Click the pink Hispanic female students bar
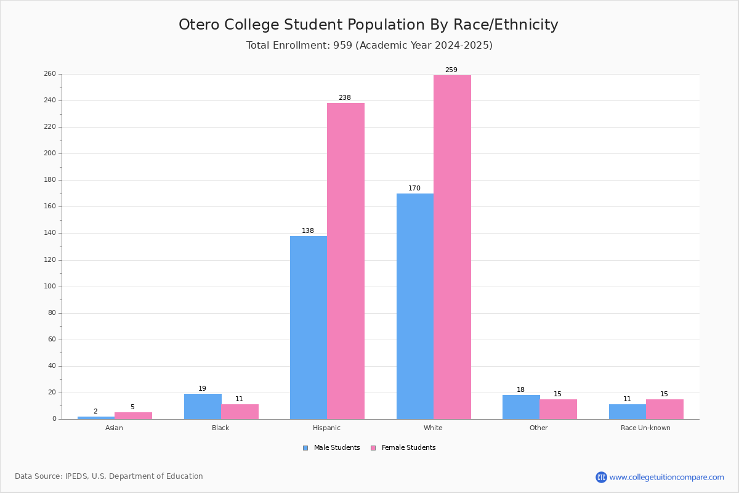click(x=345, y=261)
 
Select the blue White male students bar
click(x=414, y=306)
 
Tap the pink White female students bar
click(x=452, y=247)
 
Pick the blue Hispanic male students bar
click(x=309, y=327)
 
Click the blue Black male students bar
click(x=203, y=407)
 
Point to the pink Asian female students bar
click(x=133, y=416)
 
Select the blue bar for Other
click(x=521, y=407)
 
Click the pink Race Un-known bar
click(x=664, y=409)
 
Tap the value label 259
click(x=451, y=70)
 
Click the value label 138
click(x=308, y=231)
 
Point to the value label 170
click(x=414, y=189)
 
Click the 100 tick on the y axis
click(x=49, y=287)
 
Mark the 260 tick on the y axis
click(x=49, y=74)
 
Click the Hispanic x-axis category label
click(x=326, y=428)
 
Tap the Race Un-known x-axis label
click(x=645, y=428)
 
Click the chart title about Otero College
click(x=368, y=25)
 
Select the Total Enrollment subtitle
click(x=369, y=46)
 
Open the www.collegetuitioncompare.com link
click(x=666, y=477)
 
